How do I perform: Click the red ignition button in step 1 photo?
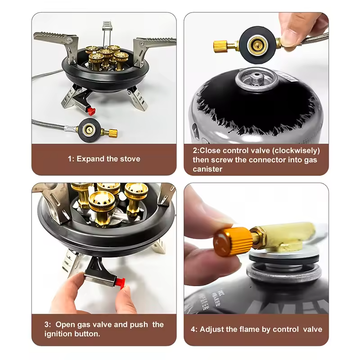tap(91, 110)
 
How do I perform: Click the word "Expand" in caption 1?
tap(91, 158)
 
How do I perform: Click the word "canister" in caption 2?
tap(208, 169)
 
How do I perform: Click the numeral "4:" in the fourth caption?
tap(195, 329)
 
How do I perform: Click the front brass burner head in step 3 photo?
tap(101, 205)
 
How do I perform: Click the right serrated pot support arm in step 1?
tap(155, 42)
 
